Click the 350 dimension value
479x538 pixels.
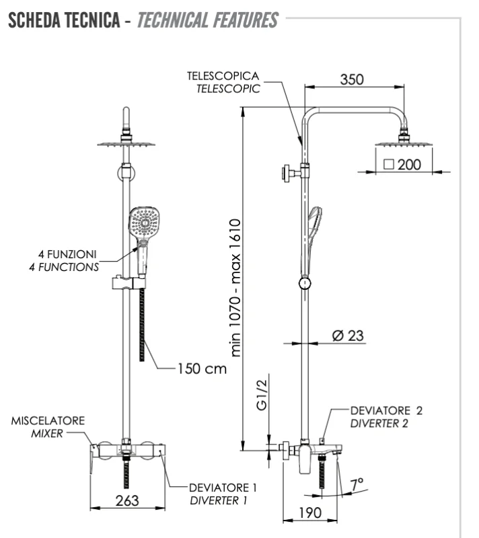[351, 79]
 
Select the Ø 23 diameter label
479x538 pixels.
[347, 336]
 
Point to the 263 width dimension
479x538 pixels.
[126, 501]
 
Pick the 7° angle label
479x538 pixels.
[357, 483]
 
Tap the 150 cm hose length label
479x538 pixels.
[202, 369]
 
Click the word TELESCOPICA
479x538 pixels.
[223, 77]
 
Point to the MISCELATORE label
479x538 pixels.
[48, 421]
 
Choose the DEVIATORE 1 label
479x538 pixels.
[223, 488]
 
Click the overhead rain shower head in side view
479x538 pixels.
[404, 143]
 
